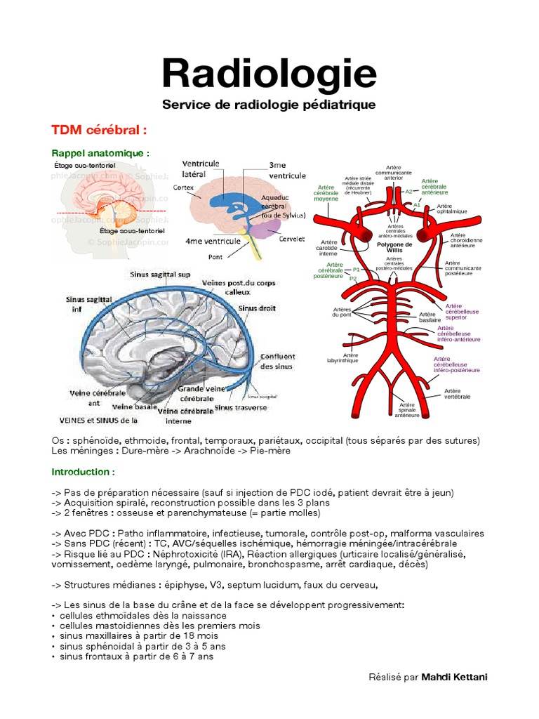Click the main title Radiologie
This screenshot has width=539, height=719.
[x=269, y=73]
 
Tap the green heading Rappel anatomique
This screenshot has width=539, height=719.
[x=100, y=153]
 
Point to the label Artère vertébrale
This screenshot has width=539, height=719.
[x=456, y=393]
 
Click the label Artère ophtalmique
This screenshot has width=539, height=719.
[x=453, y=209]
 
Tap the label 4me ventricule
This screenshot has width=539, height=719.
[x=213, y=241]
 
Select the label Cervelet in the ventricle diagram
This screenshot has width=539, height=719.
[x=291, y=239]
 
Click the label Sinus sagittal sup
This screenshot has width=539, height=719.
[x=160, y=274]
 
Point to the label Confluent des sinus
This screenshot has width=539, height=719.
[x=277, y=361]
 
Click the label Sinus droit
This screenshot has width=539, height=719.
[x=257, y=308]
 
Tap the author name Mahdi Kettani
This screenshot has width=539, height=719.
[x=454, y=677]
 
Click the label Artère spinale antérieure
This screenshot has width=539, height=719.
[x=407, y=410]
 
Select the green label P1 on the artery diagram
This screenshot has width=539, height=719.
[x=356, y=270]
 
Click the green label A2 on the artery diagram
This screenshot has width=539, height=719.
[x=408, y=191]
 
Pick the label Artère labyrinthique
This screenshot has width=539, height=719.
[x=342, y=357]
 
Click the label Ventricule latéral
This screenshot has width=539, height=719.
[x=201, y=169]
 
